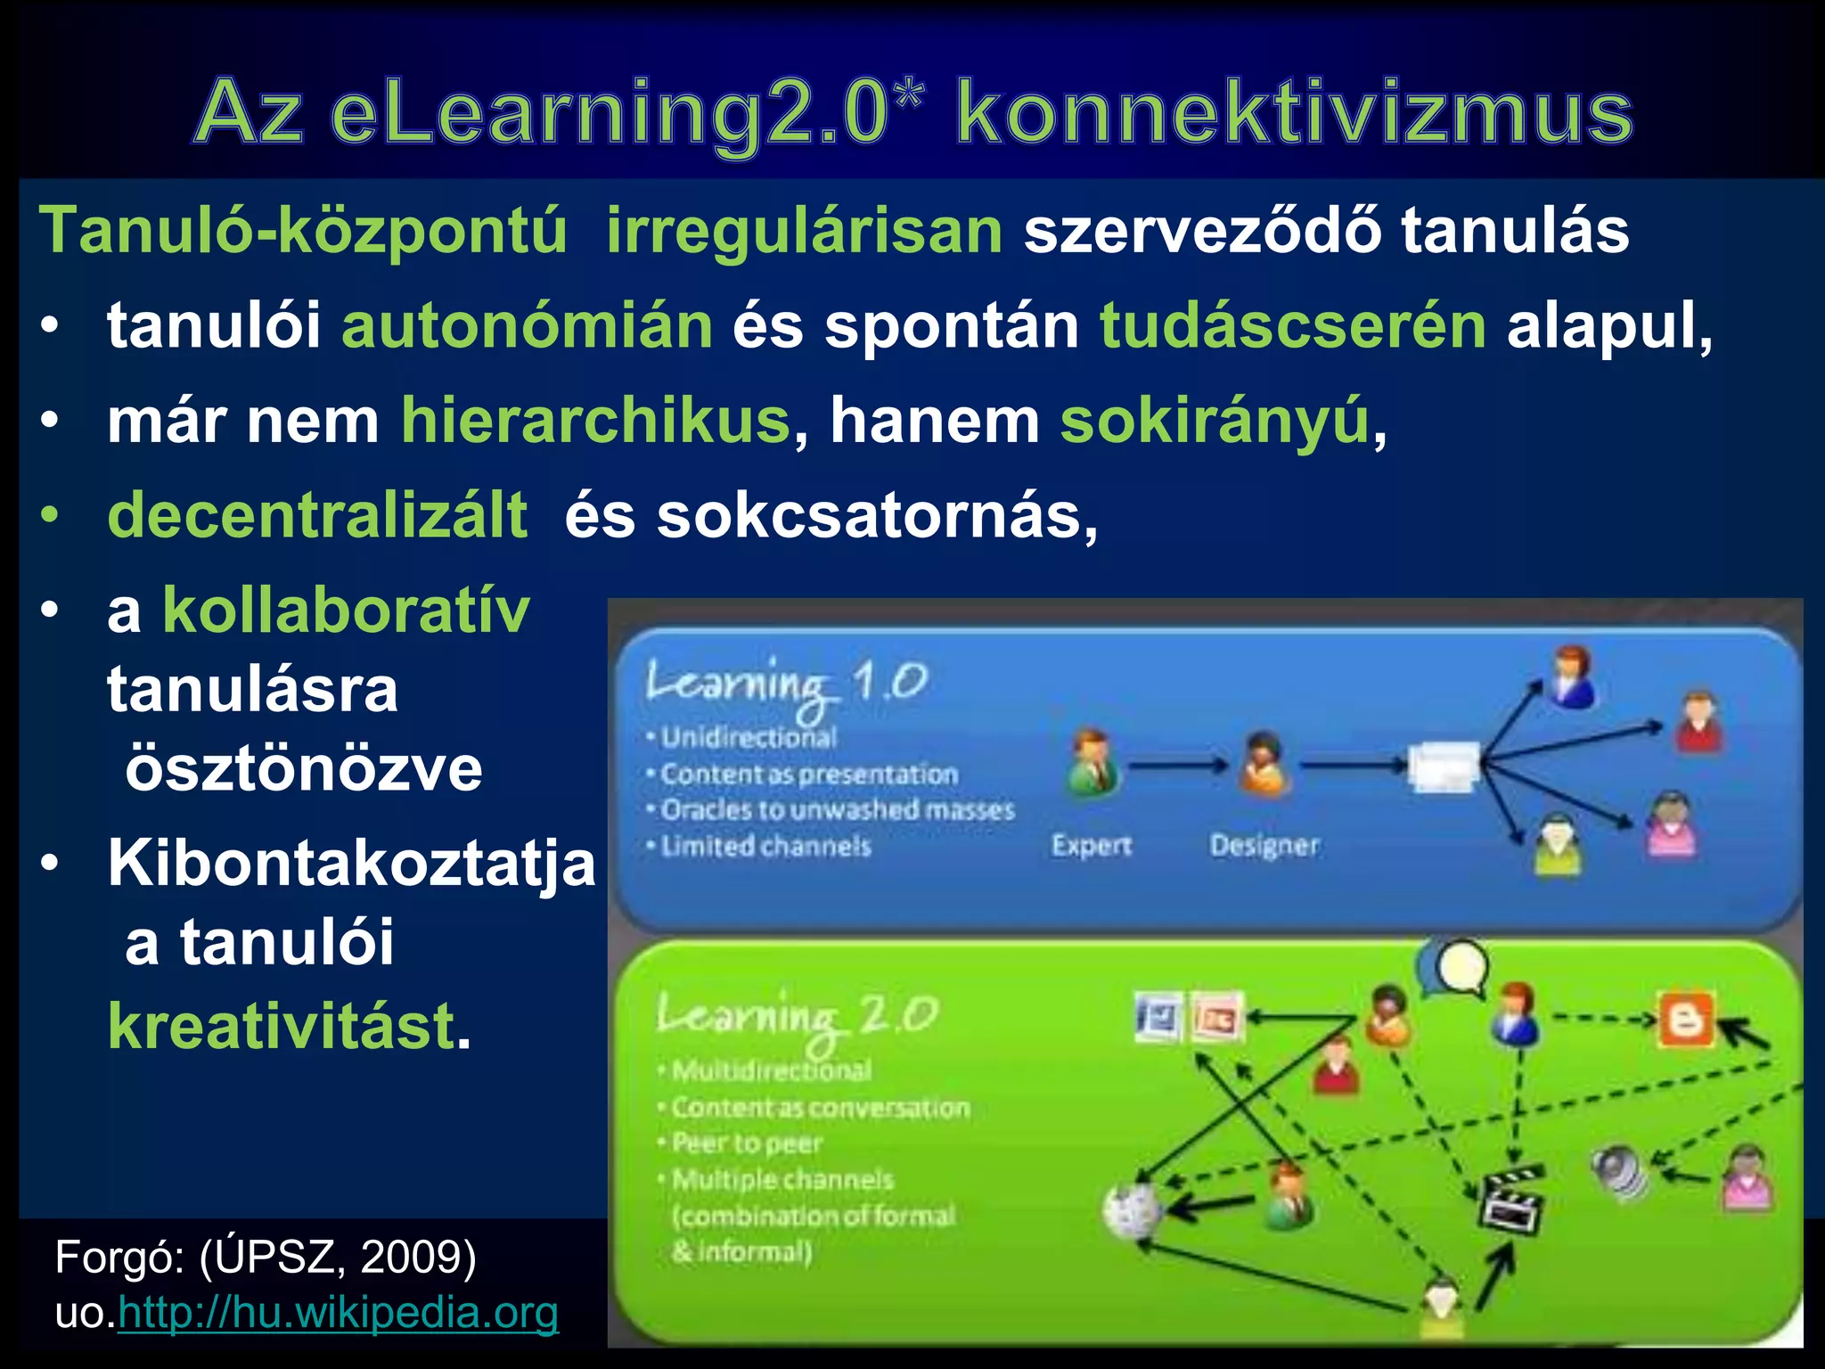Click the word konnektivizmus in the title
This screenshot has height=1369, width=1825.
click(1294, 113)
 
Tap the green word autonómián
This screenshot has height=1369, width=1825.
click(527, 325)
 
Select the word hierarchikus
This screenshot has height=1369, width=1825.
click(595, 421)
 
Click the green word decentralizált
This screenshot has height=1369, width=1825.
click(317, 515)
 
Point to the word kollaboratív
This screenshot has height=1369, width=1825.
click(346, 611)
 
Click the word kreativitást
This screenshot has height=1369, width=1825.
click(282, 1027)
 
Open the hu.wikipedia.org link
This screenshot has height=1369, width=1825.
click(339, 1312)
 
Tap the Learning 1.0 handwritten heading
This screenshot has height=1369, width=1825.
click(786, 684)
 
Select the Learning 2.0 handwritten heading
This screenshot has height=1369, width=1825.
click(797, 1016)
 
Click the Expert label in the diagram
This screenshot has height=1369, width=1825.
click(1091, 845)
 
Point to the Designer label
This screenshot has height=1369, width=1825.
click(1264, 845)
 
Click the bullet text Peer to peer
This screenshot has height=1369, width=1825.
click(747, 1143)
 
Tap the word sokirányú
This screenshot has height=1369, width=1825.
click(1214, 421)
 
